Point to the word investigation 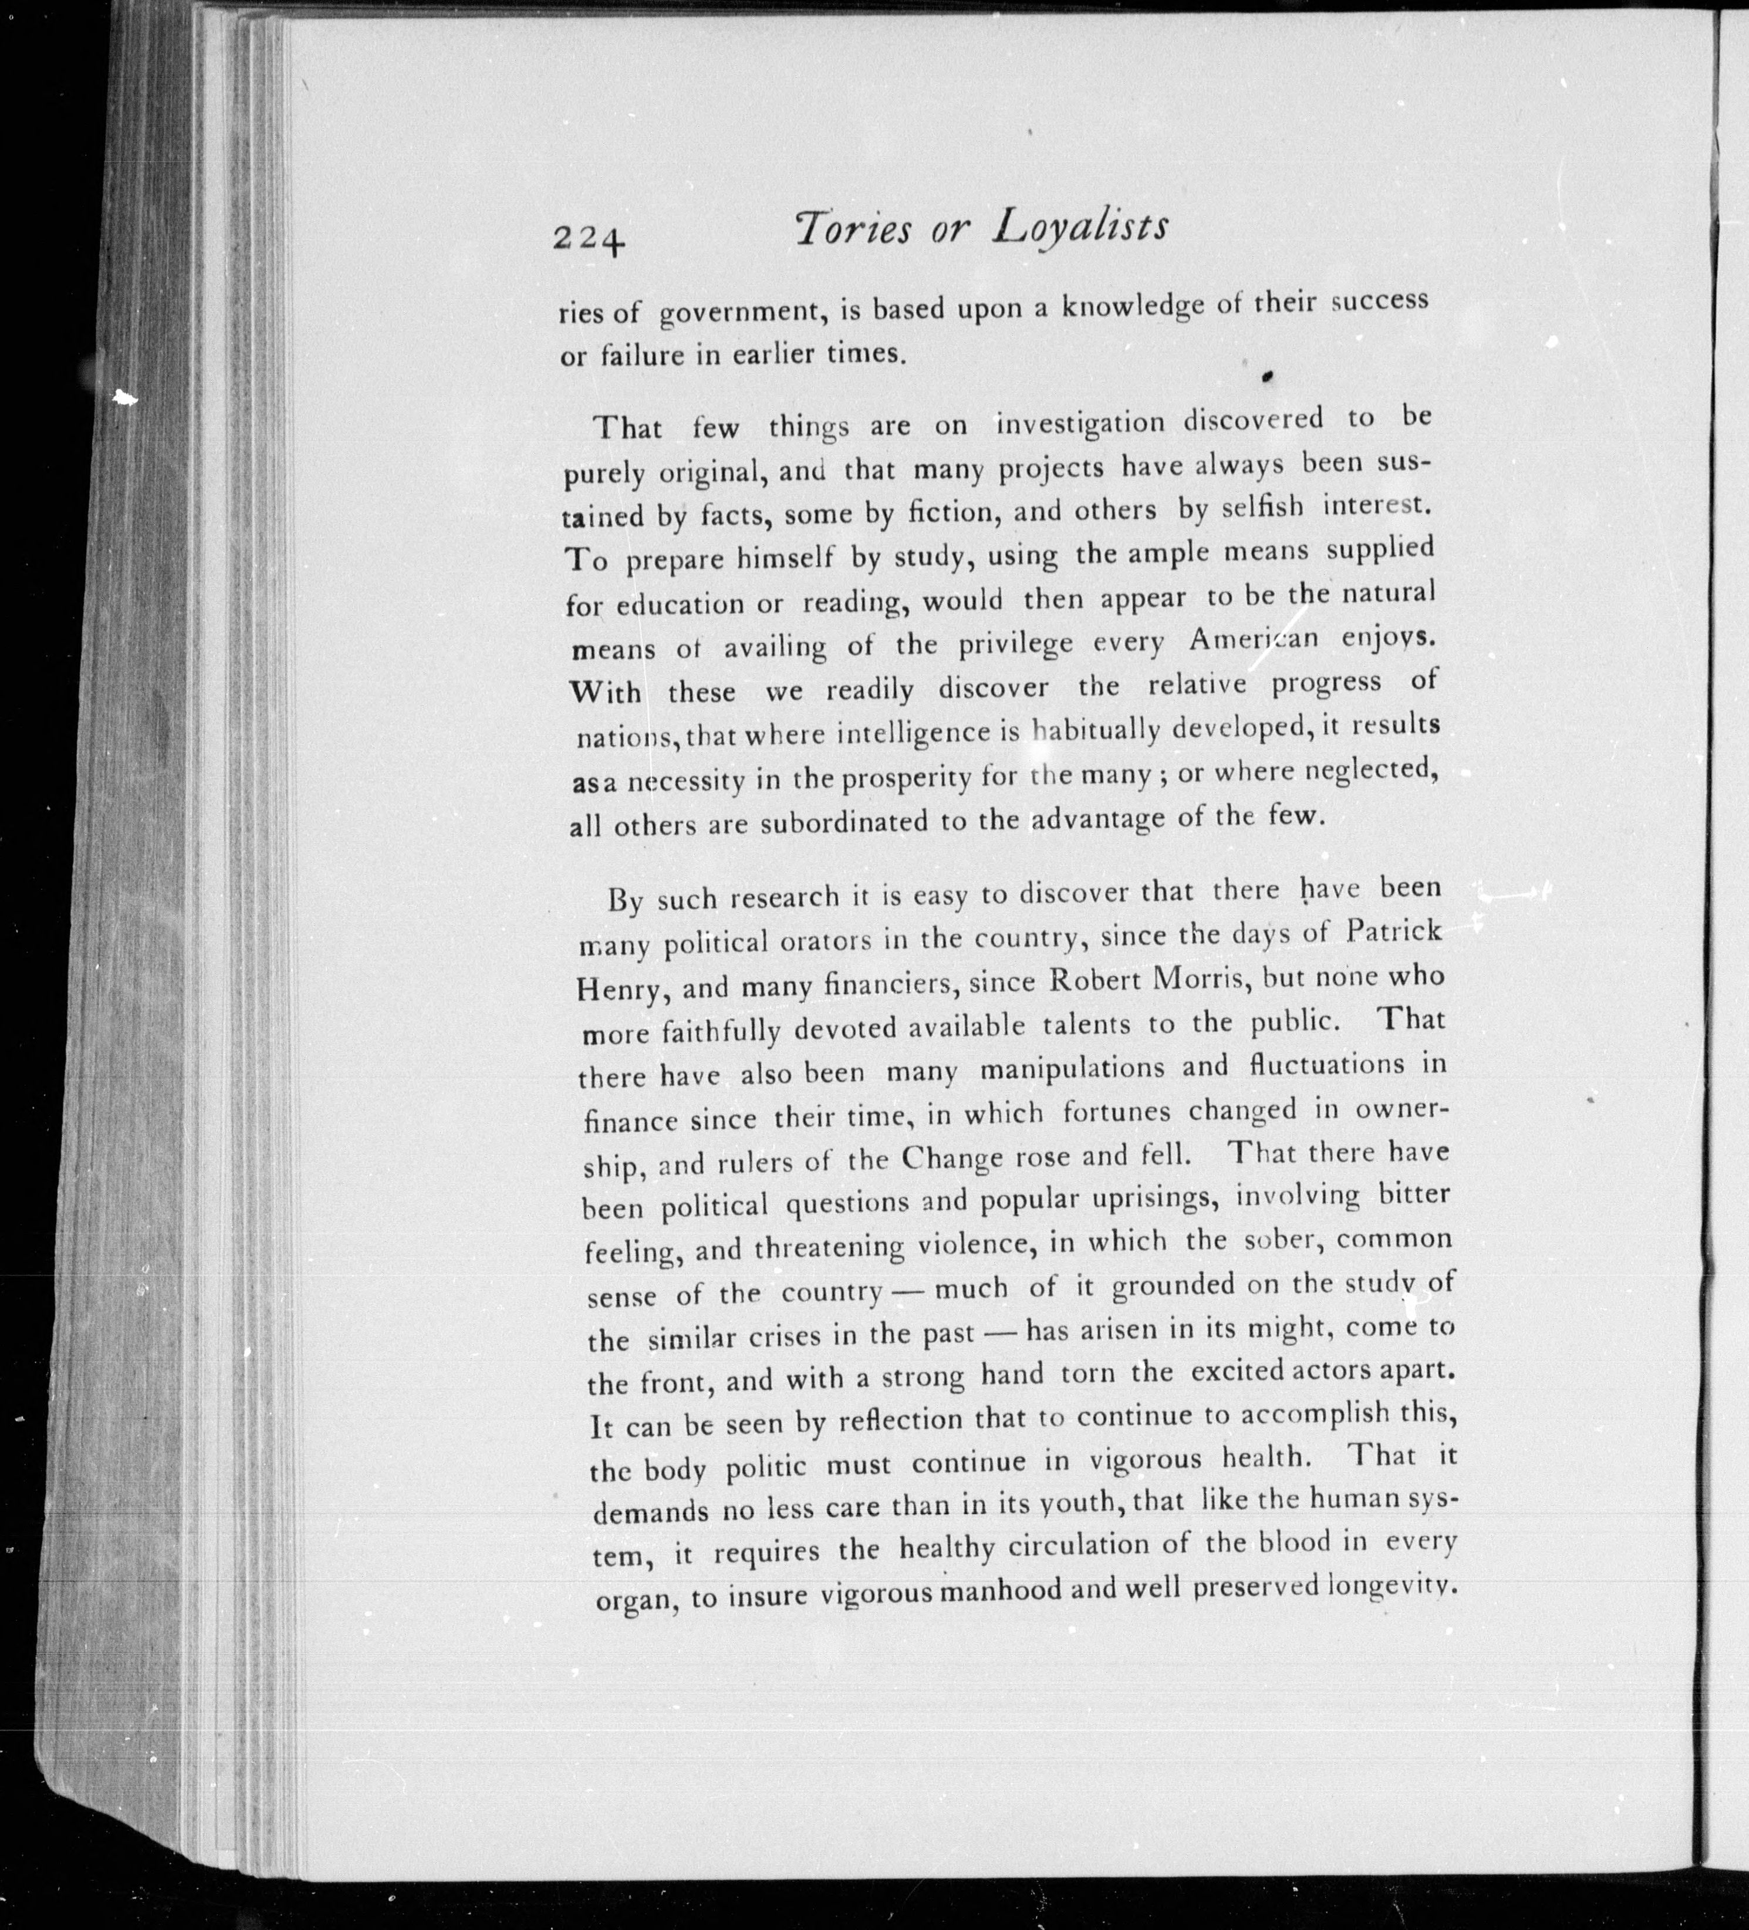click(1080, 422)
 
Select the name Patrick click(1393, 932)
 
